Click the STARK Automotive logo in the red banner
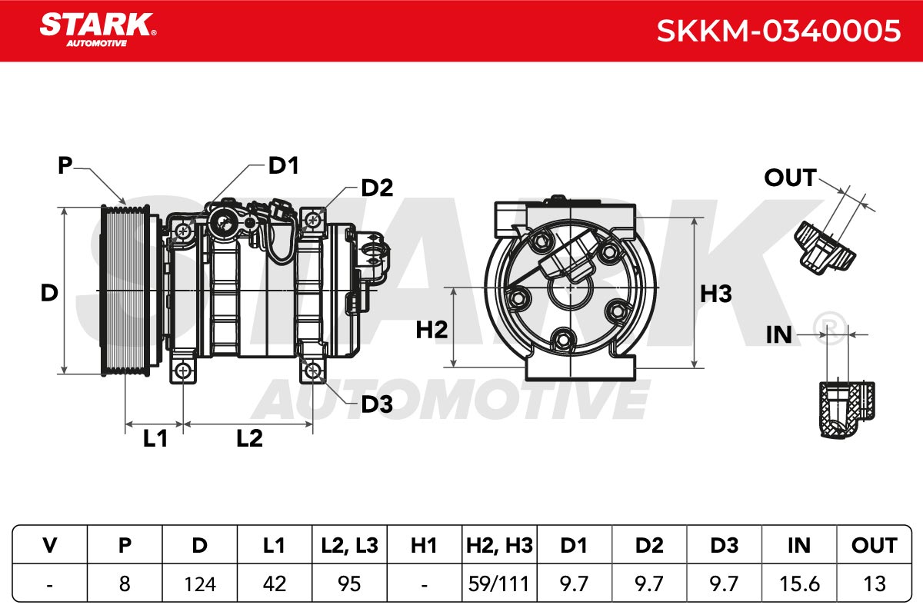[98, 30]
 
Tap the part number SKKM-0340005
[778, 31]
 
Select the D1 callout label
[284, 165]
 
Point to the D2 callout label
[377, 188]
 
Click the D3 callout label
[377, 404]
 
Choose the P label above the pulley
[65, 165]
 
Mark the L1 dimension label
[155, 438]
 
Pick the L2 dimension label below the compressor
[249, 438]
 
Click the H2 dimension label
[432, 330]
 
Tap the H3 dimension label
[716, 294]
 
